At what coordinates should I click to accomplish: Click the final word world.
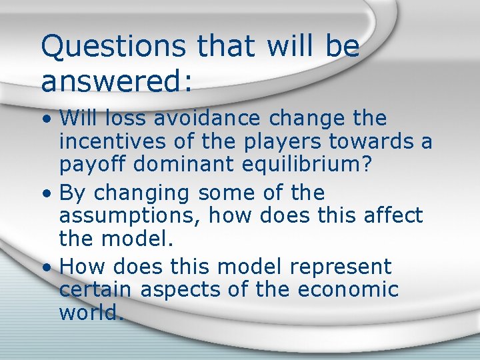pos(92,312)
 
